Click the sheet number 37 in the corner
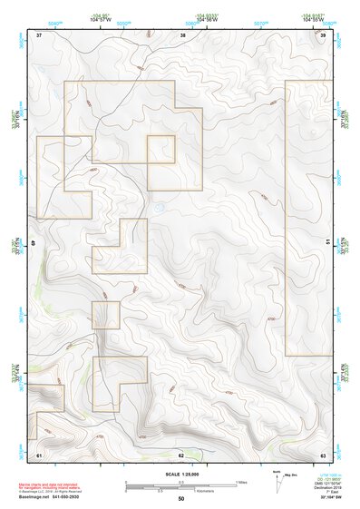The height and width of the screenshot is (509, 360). (x=39, y=34)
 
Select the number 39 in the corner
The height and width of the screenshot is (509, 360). (x=324, y=34)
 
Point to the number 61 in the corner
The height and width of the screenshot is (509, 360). (x=39, y=454)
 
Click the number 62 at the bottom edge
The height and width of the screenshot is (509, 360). (x=181, y=454)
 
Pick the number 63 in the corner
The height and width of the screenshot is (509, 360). (x=324, y=454)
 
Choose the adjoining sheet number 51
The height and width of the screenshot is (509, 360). (x=326, y=242)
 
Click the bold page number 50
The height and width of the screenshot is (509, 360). (x=181, y=498)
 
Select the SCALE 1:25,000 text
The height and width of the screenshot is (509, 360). (x=181, y=473)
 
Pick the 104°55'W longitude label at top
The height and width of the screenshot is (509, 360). (x=310, y=20)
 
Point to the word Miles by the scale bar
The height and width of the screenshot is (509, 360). (x=241, y=481)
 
